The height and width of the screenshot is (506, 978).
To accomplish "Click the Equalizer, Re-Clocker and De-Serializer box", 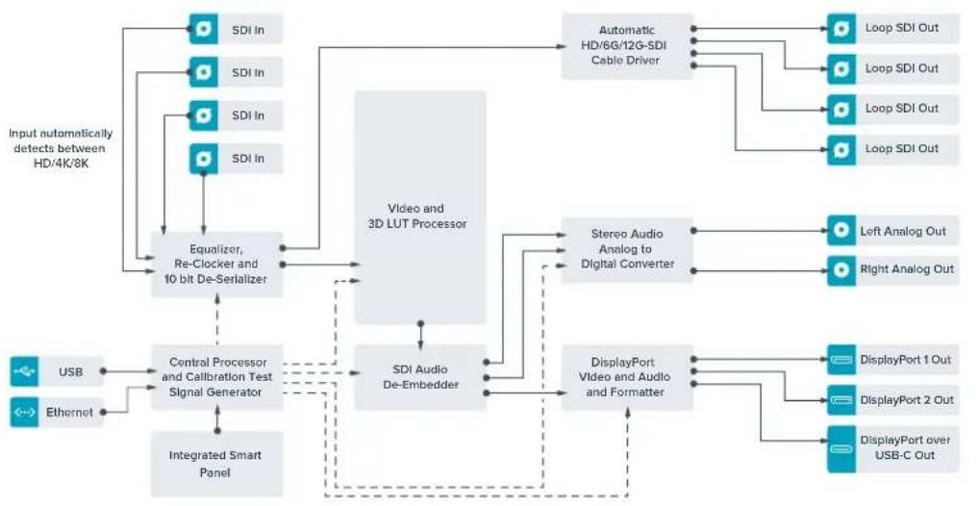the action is tap(217, 264).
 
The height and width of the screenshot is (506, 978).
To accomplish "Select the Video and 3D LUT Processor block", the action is tap(420, 208).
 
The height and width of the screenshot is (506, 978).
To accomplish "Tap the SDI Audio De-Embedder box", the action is tap(420, 377).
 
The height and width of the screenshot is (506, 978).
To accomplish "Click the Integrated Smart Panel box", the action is tap(217, 464).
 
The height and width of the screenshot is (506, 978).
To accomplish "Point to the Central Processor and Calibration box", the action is tap(217, 377).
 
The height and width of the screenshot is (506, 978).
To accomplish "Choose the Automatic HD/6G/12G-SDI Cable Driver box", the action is tap(627, 45).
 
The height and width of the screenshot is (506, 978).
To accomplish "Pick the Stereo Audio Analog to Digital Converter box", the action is tap(627, 249).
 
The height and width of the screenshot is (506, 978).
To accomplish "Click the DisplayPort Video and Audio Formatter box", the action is tap(627, 377).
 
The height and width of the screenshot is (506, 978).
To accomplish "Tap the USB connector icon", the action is tap(24, 372).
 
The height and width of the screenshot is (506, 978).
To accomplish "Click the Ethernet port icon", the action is tap(24, 413).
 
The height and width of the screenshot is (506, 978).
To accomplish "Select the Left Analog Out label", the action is tap(903, 232).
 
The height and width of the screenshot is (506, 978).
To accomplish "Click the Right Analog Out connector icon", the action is tap(841, 270).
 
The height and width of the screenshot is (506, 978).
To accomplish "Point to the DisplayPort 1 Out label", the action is tap(905, 360).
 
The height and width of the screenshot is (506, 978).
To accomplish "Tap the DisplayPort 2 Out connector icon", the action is tap(841, 400).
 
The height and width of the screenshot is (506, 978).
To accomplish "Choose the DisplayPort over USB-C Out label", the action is tap(905, 447).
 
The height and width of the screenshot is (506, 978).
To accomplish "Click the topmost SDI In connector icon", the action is tap(203, 29).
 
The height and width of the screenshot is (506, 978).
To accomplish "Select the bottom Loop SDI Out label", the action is tap(901, 148).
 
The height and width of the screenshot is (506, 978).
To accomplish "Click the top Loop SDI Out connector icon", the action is tap(841, 29).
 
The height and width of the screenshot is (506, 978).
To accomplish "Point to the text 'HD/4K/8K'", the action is tap(61, 164).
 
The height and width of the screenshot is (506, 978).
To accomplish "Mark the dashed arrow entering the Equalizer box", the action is tap(217, 320).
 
